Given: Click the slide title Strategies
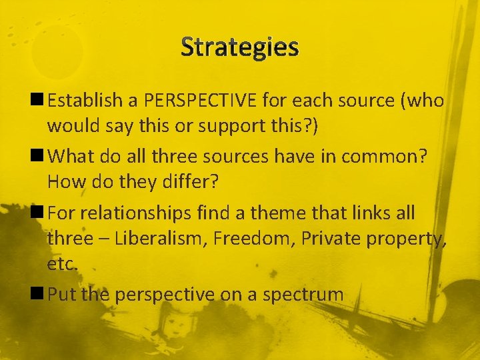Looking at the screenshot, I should (240, 47).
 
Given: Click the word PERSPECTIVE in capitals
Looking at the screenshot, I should (199, 101).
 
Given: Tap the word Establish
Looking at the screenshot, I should (85, 101).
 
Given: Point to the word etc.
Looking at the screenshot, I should (63, 264).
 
